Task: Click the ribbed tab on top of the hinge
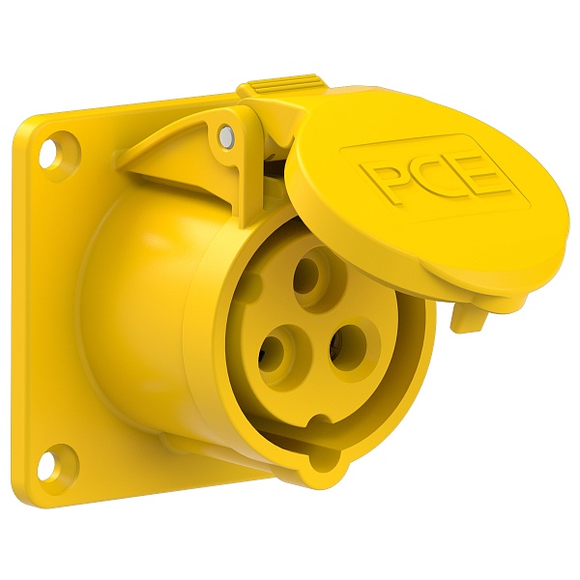click(284, 87)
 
